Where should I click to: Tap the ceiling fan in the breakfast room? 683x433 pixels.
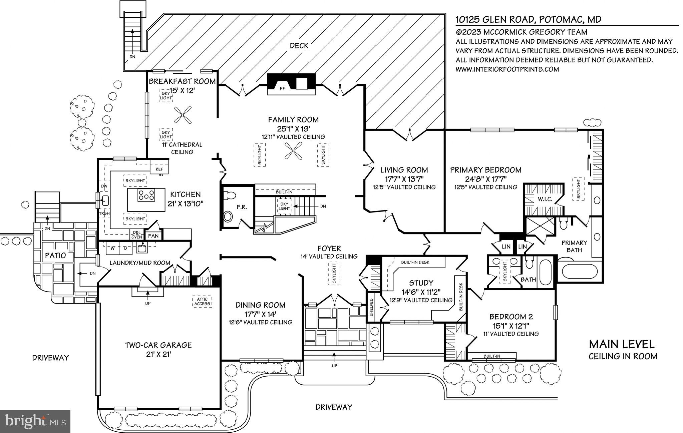coord(183,115)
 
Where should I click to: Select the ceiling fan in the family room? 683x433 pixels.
coord(293,151)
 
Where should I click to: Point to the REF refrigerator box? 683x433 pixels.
coord(159,169)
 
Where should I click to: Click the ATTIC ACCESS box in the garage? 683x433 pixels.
coord(202,302)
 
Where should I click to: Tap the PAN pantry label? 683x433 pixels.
coord(153,236)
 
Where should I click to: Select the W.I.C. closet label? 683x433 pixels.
coord(545,199)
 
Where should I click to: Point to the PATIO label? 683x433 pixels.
coord(55,256)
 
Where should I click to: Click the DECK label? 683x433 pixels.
coord(299,46)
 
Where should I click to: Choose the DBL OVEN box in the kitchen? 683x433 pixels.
coord(136,235)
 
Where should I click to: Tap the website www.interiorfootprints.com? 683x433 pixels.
coord(507,69)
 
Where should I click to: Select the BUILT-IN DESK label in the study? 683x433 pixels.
coord(415,262)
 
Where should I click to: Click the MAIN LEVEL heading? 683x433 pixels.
coord(621,344)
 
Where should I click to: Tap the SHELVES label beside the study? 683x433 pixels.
coord(372,307)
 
